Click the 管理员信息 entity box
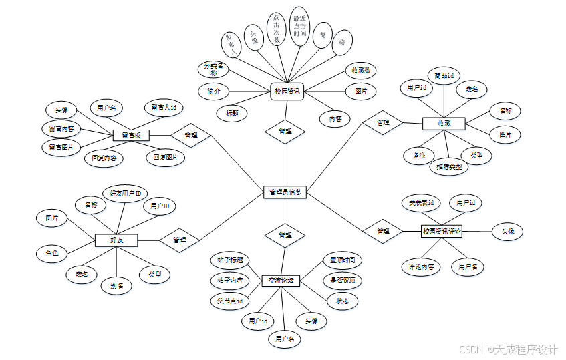[285, 192]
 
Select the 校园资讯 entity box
[287, 92]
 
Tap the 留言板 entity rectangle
[130, 136]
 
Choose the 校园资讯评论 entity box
[442, 232]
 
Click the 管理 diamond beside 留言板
[190, 135]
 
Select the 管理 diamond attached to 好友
[180, 240]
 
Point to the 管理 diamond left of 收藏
[383, 123]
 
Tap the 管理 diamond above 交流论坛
[285, 235]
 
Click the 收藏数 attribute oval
[362, 70]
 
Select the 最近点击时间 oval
[300, 27]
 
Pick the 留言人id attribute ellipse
[163, 107]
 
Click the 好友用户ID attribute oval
[125, 194]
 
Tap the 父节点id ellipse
[230, 301]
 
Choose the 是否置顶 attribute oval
[342, 281]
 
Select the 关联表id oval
[421, 202]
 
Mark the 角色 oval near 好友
[52, 253]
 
